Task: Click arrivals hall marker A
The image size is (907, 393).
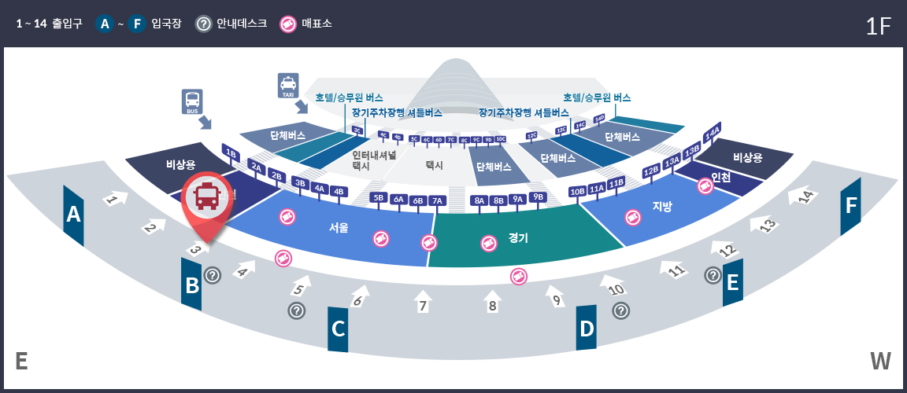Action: point(74,215)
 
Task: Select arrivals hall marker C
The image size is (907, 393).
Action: point(339,329)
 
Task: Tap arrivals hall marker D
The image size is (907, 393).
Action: point(587,329)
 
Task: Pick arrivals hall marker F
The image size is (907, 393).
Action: point(850,206)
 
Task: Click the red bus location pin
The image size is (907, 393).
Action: point(206,200)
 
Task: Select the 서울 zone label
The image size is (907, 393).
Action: point(339,228)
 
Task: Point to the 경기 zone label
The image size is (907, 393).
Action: point(518,237)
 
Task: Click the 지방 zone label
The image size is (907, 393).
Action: point(663,207)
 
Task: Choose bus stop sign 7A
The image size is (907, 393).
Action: point(438,200)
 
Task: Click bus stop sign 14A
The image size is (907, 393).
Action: point(713,132)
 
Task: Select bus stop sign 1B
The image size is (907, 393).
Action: point(231,152)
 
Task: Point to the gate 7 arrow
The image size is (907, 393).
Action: point(423,302)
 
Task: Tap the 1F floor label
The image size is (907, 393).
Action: point(878,26)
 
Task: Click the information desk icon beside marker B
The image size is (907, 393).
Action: point(213,275)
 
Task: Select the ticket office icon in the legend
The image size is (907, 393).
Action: point(288,24)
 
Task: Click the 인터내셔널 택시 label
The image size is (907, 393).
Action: point(372,160)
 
